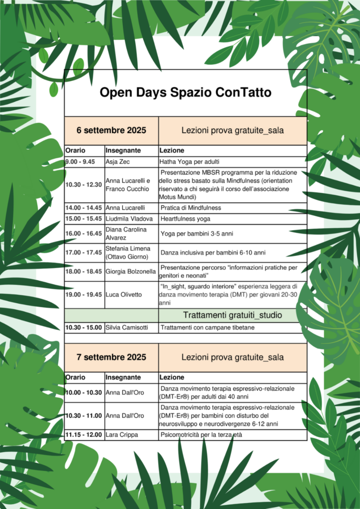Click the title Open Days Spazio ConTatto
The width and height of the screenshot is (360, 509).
coord(185,93)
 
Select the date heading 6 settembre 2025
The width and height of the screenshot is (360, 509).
coord(111,131)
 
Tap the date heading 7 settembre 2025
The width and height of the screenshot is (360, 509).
coord(111,357)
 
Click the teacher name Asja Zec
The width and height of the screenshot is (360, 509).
coord(118,162)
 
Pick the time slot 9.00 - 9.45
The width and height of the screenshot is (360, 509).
coord(80,162)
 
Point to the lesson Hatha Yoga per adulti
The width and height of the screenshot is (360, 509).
coord(189,162)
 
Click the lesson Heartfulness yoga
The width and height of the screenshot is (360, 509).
coord(185,219)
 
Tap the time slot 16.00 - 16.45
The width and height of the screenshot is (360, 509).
coord(84,233)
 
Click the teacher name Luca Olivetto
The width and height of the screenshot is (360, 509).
coord(124,295)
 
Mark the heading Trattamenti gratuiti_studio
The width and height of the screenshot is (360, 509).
coord(232,315)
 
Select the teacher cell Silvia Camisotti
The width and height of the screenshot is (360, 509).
coord(129,328)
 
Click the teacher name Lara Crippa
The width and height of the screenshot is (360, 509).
coord(121,435)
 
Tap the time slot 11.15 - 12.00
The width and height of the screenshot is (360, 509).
coord(84,435)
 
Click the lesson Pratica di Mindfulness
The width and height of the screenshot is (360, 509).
coord(190,208)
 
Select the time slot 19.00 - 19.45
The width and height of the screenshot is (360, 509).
coord(84,295)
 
